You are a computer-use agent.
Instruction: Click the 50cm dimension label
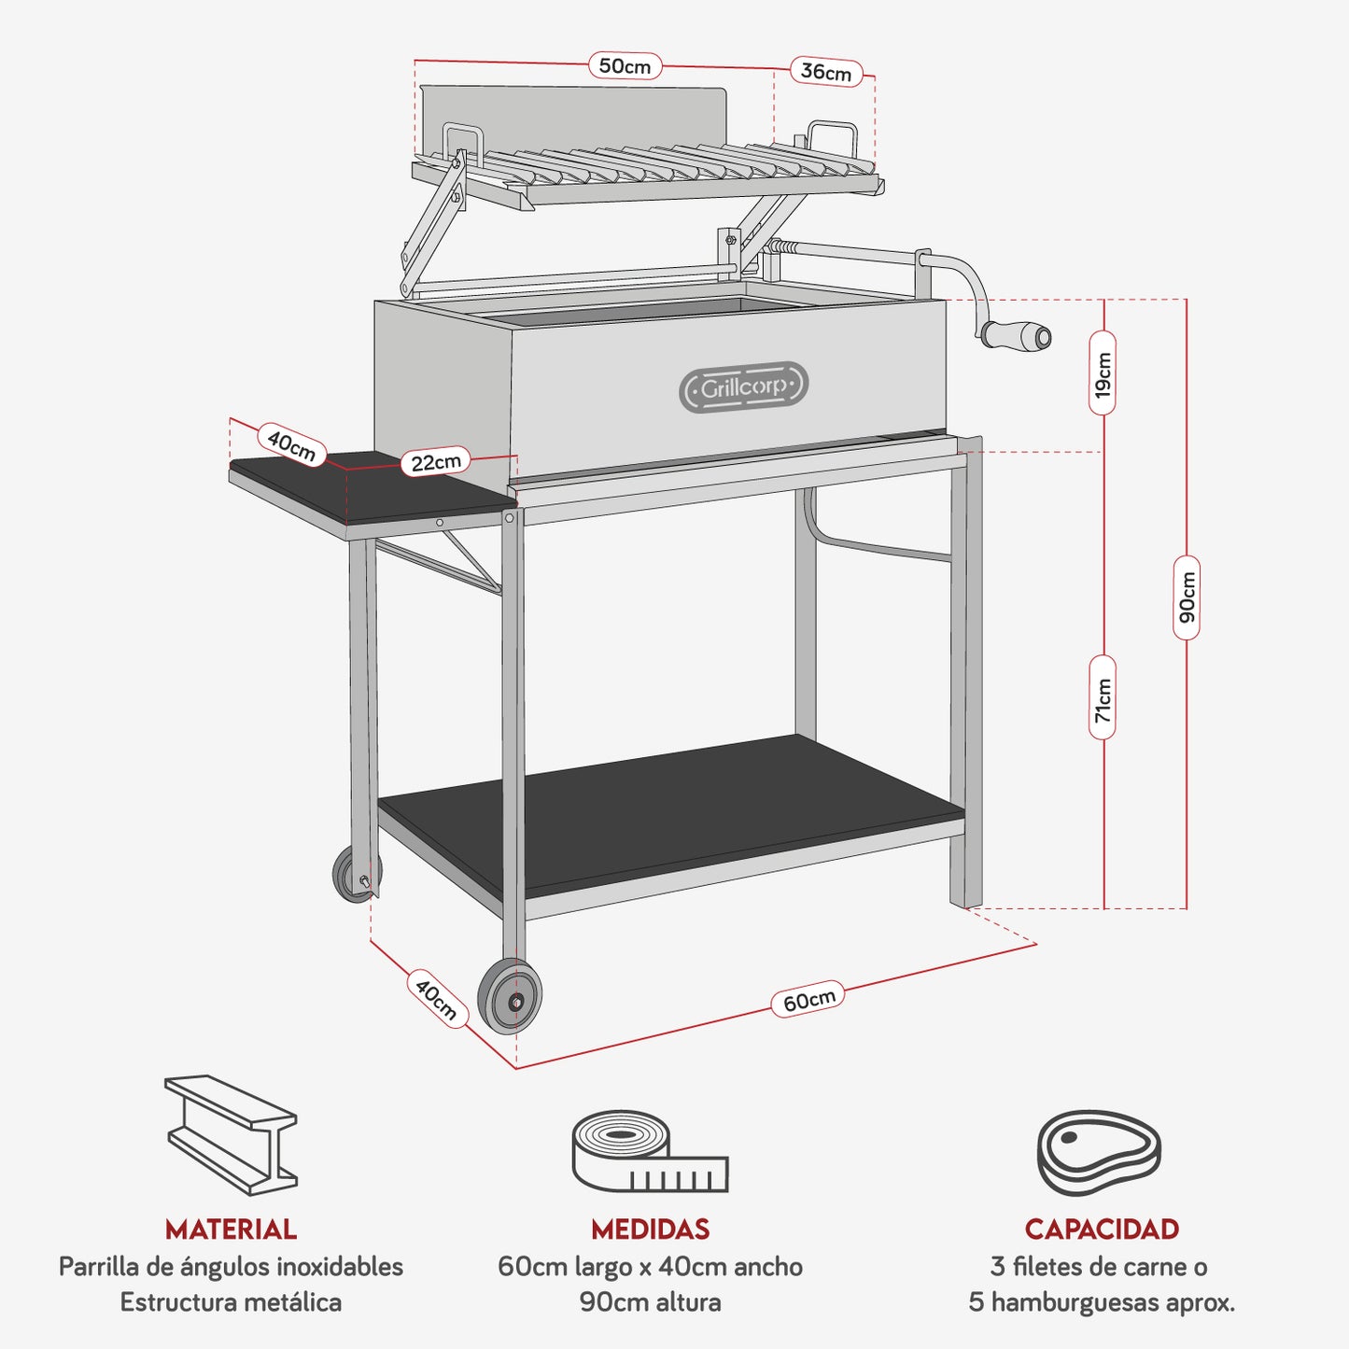click(625, 66)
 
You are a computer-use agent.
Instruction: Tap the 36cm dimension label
click(826, 72)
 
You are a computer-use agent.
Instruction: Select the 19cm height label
click(1103, 372)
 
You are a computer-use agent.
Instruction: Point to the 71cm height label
click(1103, 697)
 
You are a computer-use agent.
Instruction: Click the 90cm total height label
click(1187, 597)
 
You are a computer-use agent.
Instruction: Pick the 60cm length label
click(808, 1000)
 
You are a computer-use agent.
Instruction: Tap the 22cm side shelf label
click(436, 461)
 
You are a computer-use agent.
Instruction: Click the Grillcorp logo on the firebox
click(743, 387)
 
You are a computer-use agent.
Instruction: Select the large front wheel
click(510, 997)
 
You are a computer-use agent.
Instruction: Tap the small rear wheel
click(355, 876)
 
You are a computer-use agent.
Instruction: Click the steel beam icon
click(231, 1134)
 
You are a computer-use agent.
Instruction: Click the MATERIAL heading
click(231, 1229)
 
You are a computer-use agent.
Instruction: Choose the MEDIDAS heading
click(650, 1229)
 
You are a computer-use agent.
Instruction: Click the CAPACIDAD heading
click(1102, 1229)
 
